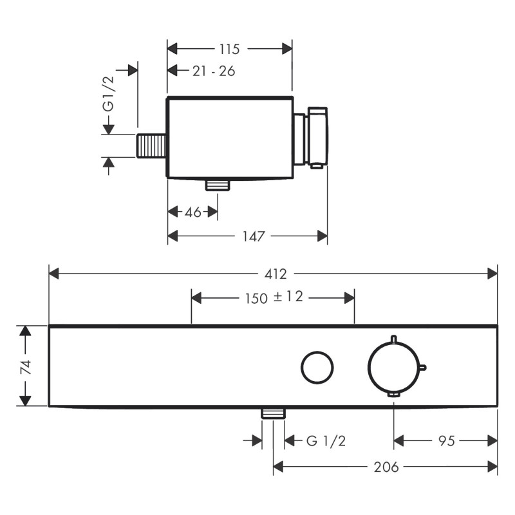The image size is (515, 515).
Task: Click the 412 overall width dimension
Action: pyautogui.click(x=275, y=274)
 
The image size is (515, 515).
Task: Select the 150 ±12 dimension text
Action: pyautogui.click(x=274, y=297)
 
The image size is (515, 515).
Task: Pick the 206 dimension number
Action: pyautogui.click(x=386, y=467)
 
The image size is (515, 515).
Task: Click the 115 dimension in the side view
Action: pyautogui.click(x=229, y=49)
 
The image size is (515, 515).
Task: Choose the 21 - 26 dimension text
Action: pyautogui.click(x=214, y=71)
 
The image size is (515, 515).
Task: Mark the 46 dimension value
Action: pyautogui.click(x=192, y=212)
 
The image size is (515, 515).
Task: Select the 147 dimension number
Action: pyautogui.click(x=254, y=237)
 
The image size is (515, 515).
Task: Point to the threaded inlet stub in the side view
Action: pyautogui.click(x=152, y=146)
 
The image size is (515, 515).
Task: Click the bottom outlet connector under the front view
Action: pyautogui.click(x=274, y=413)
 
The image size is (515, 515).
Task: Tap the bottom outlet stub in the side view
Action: pyautogui.click(x=218, y=185)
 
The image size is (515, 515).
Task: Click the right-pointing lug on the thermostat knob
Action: pyautogui.click(x=423, y=368)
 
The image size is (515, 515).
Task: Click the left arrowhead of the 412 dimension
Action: pyautogui.click(x=54, y=274)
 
